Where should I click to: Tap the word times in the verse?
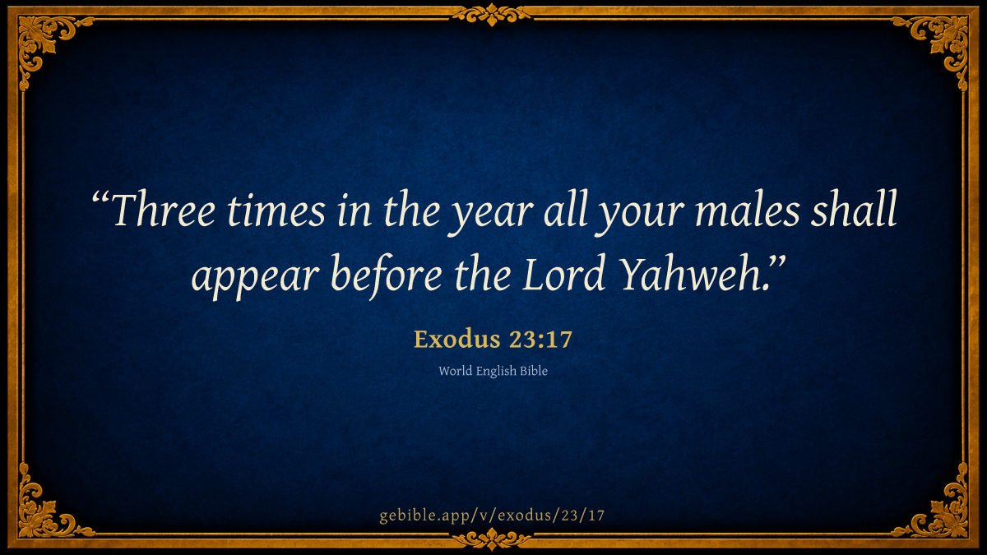click(276, 210)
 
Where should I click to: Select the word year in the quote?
click(491, 215)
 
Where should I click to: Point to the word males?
click(748, 210)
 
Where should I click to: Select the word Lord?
click(563, 272)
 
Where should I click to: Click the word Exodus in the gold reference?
click(457, 339)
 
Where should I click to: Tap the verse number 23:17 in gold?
click(540, 339)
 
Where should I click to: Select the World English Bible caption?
click(493, 371)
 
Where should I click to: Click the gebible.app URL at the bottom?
click(492, 515)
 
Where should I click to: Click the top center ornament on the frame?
click(492, 15)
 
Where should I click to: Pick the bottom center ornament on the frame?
click(492, 539)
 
